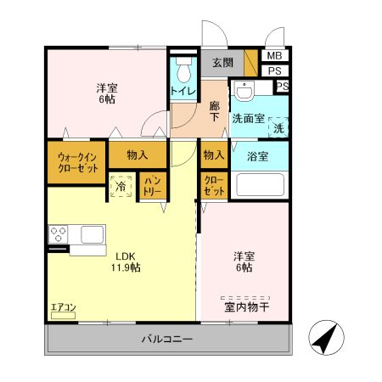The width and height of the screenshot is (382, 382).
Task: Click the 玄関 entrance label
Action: pyautogui.click(x=222, y=62)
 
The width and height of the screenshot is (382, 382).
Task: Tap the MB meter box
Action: pyautogui.click(x=273, y=56)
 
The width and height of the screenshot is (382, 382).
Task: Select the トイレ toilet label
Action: pyautogui.click(x=183, y=91)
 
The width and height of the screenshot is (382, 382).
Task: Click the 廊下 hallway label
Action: pyautogui.click(x=215, y=111)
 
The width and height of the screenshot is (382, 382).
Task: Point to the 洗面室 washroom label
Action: pyautogui.click(x=250, y=119)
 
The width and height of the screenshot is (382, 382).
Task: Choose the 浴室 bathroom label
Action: pyautogui.click(x=258, y=156)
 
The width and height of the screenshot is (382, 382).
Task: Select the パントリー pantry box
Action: pyautogui.click(x=154, y=186)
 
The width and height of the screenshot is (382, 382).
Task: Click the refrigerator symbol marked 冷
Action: pyautogui.click(x=121, y=187)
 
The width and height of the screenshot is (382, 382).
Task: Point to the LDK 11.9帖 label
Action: pyautogui.click(x=124, y=261)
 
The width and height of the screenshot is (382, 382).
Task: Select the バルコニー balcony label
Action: pyautogui.click(x=167, y=340)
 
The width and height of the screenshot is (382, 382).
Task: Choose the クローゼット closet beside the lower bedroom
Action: pyautogui.click(x=215, y=187)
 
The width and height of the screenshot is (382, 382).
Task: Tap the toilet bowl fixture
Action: pyautogui.click(x=183, y=68)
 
